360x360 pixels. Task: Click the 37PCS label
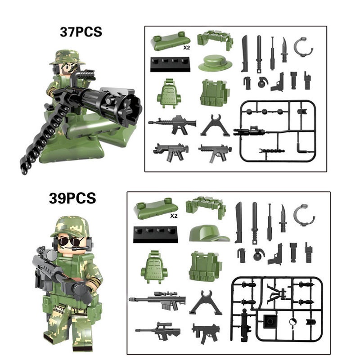tap(81, 32)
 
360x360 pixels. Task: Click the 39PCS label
tap(72, 198)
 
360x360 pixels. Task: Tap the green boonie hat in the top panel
tap(215, 63)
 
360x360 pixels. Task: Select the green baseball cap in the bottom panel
tap(209, 233)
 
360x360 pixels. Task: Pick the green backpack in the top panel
tap(169, 93)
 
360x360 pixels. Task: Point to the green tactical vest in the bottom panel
tap(205, 266)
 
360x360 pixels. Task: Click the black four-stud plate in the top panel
tap(170, 64)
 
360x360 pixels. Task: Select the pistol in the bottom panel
tap(276, 255)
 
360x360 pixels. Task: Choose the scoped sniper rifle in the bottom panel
tap(157, 300)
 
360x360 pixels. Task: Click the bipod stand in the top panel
tap(215, 126)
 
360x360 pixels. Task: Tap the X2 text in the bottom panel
tap(174, 216)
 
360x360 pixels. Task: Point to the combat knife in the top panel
tap(284, 49)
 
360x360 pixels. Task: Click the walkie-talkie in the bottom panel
tap(308, 252)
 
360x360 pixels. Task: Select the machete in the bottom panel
tap(238, 222)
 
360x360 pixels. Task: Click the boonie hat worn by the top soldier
tap(67, 57)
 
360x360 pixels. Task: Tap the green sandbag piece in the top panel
tap(170, 41)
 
